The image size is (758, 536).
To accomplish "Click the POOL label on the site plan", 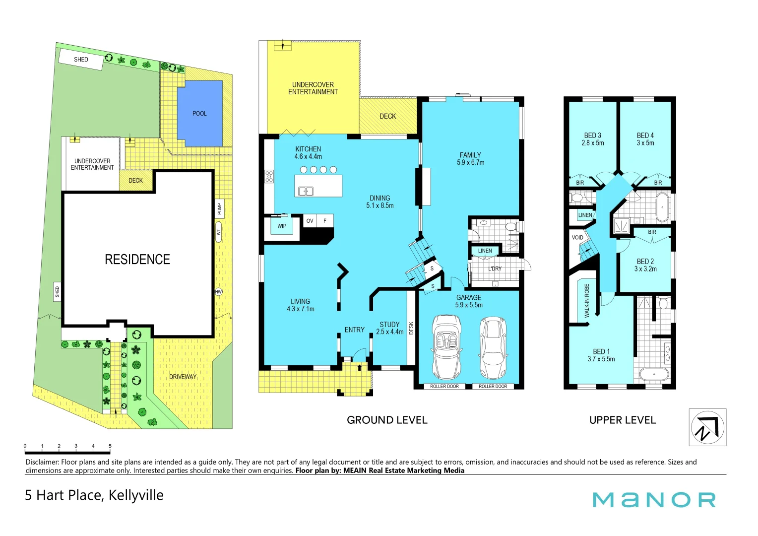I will pyautogui.click(x=199, y=114).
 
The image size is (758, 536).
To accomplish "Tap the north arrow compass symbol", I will pyautogui.click(x=707, y=427).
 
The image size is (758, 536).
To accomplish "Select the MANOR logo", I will pyautogui.click(x=654, y=500).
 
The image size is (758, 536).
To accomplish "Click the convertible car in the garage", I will pyautogui.click(x=446, y=347).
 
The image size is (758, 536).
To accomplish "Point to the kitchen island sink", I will pyautogui.click(x=305, y=191).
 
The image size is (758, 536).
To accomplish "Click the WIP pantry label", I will pyautogui.click(x=282, y=226).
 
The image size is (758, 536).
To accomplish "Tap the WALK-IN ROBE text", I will pyautogui.click(x=587, y=301).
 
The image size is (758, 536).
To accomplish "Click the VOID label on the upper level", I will pyautogui.click(x=577, y=238).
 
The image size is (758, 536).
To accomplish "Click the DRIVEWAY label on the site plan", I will pyautogui.click(x=183, y=377).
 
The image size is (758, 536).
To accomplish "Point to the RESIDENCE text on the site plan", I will pyautogui.click(x=137, y=260).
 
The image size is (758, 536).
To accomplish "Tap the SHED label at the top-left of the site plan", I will pyautogui.click(x=81, y=60).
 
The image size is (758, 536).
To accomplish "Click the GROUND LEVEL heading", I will pyautogui.click(x=387, y=420).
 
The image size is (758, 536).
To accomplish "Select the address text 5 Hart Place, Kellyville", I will pyautogui.click(x=94, y=495).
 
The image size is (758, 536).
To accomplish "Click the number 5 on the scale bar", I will pyautogui.click(x=110, y=446).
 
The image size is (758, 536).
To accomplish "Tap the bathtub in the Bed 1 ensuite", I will pyautogui.click(x=653, y=374).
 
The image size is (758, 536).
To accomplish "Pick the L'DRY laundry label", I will pyautogui.click(x=495, y=268).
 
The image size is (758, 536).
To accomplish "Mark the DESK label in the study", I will pyautogui.click(x=411, y=328).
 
